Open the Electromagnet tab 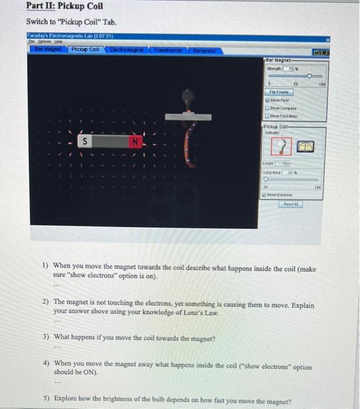(125, 50)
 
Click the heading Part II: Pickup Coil (65, 6)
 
